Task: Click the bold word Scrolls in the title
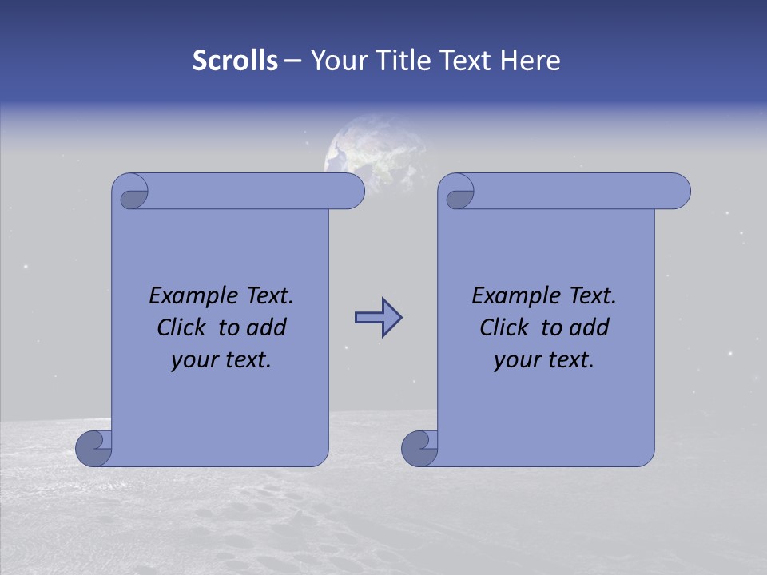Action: pyautogui.click(x=236, y=61)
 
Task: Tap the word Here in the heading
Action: pyautogui.click(x=530, y=61)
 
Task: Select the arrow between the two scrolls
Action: pyautogui.click(x=378, y=318)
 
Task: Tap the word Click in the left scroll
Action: pyautogui.click(x=183, y=327)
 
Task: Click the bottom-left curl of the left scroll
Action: pyautogui.click(x=93, y=449)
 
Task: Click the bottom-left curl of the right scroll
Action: pyautogui.click(x=419, y=449)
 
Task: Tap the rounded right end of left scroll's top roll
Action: pyautogui.click(x=352, y=191)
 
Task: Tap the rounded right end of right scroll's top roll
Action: pyautogui.click(x=678, y=191)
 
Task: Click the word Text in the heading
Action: pyautogui.click(x=465, y=61)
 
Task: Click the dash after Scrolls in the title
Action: pyautogui.click(x=292, y=61)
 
